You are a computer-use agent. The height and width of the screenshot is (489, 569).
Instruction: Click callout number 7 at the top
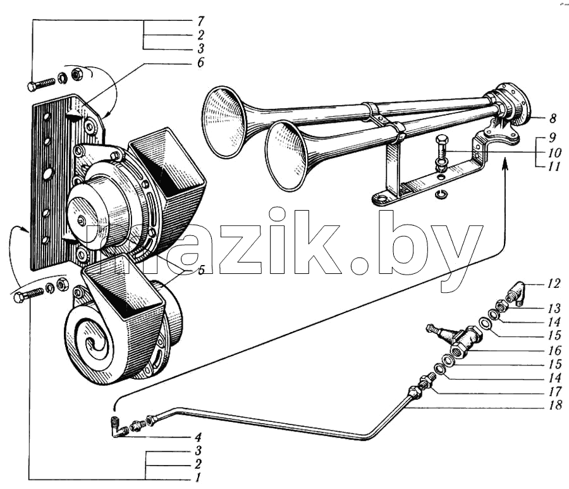[x=200, y=21]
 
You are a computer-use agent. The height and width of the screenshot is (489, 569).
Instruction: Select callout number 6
[x=200, y=62]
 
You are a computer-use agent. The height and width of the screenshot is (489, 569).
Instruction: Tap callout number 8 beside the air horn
[x=553, y=118]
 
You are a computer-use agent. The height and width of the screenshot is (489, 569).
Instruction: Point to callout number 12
[x=554, y=283]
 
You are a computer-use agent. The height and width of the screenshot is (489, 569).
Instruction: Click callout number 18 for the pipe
[x=555, y=404]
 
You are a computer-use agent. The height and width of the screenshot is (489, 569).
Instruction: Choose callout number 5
[x=202, y=269]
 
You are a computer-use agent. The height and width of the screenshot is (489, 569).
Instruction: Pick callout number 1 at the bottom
[x=198, y=477]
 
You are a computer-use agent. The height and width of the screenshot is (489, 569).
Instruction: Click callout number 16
[x=554, y=350]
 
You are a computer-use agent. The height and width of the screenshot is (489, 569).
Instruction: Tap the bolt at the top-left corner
[x=41, y=85]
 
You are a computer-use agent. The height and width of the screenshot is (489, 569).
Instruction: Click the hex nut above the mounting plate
[x=76, y=74]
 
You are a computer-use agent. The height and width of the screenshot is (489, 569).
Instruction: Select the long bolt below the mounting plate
[x=28, y=294]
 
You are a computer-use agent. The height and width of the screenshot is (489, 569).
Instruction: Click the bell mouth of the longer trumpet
[x=223, y=122]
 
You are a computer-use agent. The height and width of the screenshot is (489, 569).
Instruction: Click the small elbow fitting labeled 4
[x=118, y=428]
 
